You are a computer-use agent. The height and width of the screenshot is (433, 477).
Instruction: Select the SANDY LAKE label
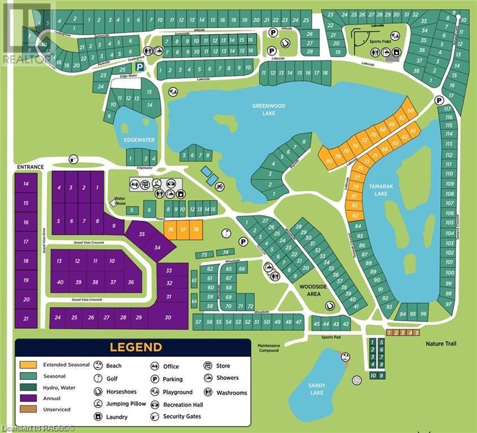click(x=317, y=389)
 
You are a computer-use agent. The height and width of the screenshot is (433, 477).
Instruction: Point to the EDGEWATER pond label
click(x=139, y=140)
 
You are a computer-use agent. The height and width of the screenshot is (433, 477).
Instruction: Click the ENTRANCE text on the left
click(x=30, y=167)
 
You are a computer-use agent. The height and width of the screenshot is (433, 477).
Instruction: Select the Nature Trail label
click(x=441, y=343)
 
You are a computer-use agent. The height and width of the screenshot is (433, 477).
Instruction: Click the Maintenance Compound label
click(x=269, y=348)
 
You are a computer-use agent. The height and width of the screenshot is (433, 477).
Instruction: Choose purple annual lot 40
click(x=60, y=282)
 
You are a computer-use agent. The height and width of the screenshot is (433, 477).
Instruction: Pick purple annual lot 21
click(x=26, y=319)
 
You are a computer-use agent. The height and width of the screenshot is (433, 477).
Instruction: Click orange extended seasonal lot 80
click(x=329, y=161)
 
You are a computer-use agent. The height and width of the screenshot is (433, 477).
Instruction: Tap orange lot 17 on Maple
click(x=182, y=229)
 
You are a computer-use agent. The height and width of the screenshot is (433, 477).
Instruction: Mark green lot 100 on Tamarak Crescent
click(x=449, y=272)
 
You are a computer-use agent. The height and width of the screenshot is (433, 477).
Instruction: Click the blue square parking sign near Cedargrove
click(x=145, y=67)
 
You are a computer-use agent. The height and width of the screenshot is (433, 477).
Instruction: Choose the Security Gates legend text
click(x=182, y=417)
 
